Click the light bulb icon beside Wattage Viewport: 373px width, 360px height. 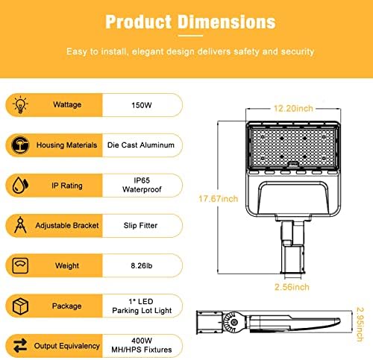pos(20,105)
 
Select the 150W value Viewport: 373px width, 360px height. pos(142,105)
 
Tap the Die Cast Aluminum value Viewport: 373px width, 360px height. pos(141,145)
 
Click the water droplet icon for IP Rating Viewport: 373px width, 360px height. pos(20,186)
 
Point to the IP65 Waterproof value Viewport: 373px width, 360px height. pos(142,185)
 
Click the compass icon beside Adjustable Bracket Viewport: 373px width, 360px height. pos(20,225)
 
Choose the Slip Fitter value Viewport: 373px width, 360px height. pos(140,226)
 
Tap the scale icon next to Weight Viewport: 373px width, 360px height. pos(20,265)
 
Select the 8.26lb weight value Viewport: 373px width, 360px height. pos(142,266)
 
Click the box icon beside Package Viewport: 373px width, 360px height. pos(20,306)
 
